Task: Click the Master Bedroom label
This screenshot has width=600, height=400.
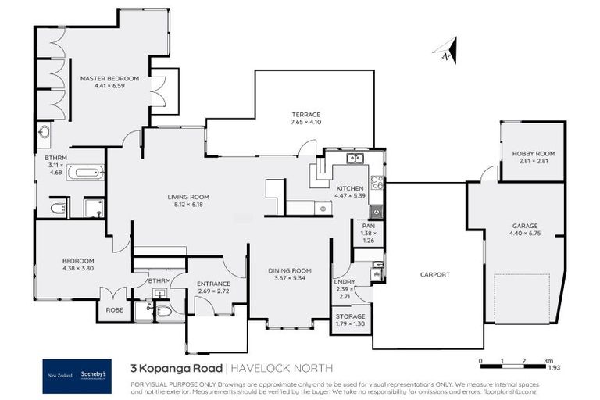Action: [x=110, y=78]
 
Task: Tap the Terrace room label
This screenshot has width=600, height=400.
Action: [x=306, y=114]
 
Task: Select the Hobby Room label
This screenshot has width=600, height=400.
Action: [x=534, y=153]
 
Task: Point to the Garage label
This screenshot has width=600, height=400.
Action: [x=524, y=226]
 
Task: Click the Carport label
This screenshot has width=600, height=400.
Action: [x=434, y=274]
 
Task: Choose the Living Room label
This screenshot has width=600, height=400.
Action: [x=188, y=197]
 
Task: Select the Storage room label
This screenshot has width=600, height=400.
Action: [x=350, y=316]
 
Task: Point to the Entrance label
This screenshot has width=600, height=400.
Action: [x=213, y=284]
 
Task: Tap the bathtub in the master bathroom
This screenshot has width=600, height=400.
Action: [x=85, y=173]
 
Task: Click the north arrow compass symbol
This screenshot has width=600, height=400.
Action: [x=446, y=50]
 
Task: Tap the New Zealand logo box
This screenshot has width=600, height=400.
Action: [x=61, y=375]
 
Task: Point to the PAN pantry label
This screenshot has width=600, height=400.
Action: [x=369, y=226]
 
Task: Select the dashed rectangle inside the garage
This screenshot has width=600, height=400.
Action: [x=523, y=299]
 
